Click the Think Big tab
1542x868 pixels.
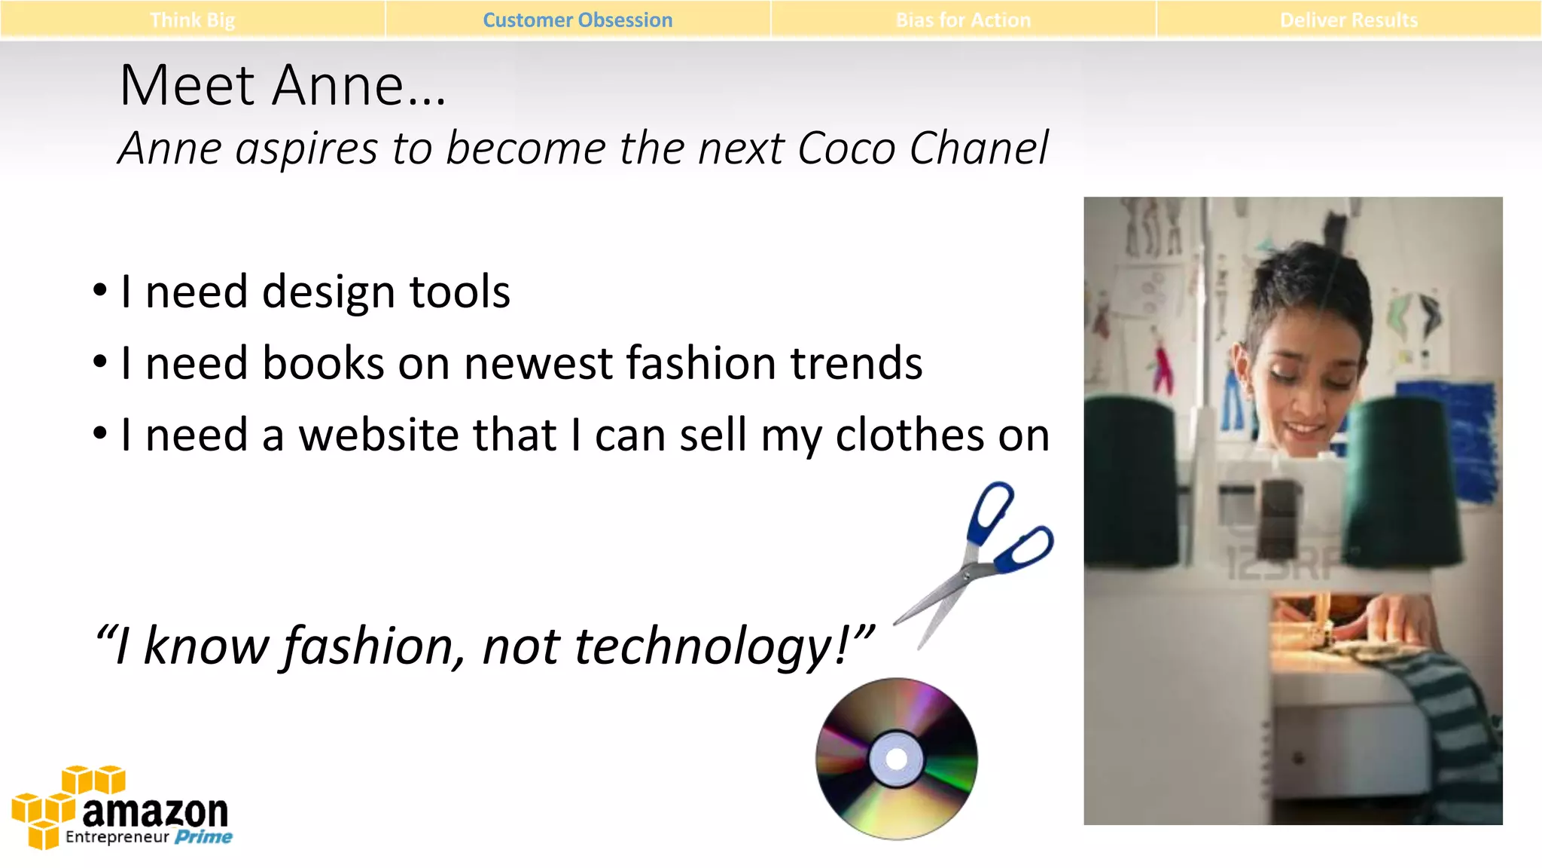[192, 20]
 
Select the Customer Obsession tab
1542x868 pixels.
[577, 20]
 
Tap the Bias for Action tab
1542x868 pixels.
[963, 20]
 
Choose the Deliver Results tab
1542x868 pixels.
[1348, 20]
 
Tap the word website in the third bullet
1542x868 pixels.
[427, 436]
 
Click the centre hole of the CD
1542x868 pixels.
[896, 759]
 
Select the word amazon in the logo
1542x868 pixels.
[155, 812]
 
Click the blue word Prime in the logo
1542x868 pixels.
[203, 837]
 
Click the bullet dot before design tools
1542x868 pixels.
[100, 291]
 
